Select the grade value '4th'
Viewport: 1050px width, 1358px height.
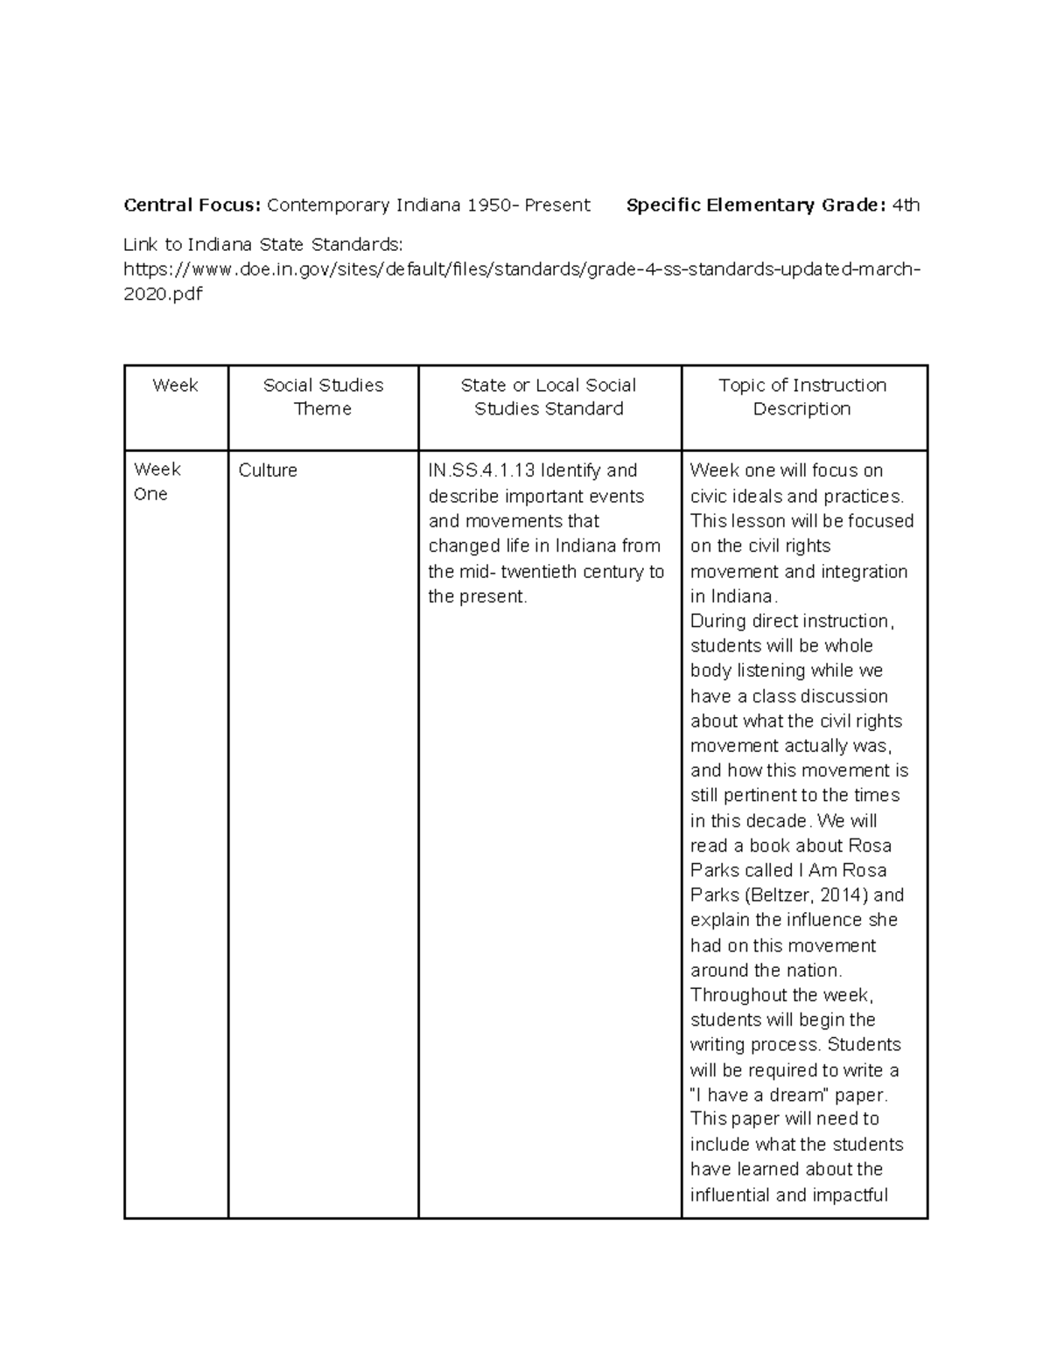(906, 205)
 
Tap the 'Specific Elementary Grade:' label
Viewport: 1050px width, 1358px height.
(756, 205)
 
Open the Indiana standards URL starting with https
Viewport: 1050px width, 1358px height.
(521, 268)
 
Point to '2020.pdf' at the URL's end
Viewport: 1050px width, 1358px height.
(163, 294)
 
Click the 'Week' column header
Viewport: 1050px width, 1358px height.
(175, 386)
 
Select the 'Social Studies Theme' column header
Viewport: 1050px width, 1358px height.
(323, 397)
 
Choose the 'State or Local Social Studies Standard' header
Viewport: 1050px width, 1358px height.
(549, 397)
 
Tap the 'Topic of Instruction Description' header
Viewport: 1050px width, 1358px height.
(802, 397)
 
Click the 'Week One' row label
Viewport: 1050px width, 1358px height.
(157, 482)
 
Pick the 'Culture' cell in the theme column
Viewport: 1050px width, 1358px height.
(268, 470)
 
